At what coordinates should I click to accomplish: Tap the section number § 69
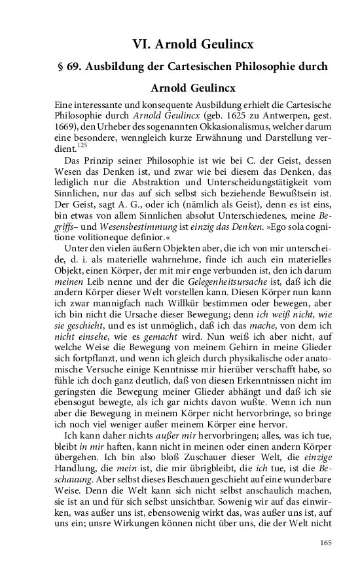coord(69,67)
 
